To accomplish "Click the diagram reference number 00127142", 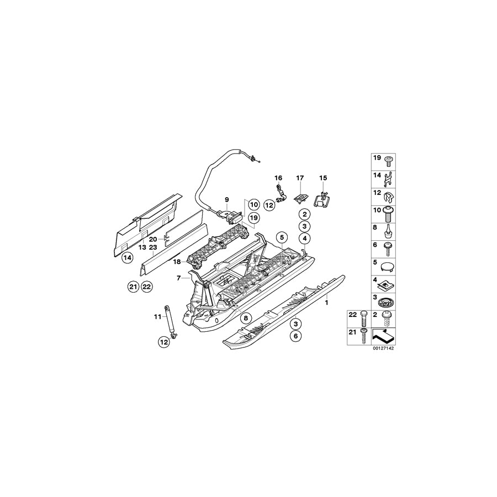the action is (x=384, y=348).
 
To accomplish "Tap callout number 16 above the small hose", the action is (x=278, y=178).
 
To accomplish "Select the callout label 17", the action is (x=300, y=178).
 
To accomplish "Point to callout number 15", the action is (x=323, y=178).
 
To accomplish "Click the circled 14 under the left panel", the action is (x=128, y=258).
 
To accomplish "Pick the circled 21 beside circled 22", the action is (x=133, y=287).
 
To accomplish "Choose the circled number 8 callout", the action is (x=246, y=318).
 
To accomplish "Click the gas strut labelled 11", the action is (x=170, y=321).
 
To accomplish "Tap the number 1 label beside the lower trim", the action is (x=326, y=303).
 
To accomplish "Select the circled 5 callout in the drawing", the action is (x=282, y=237).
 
